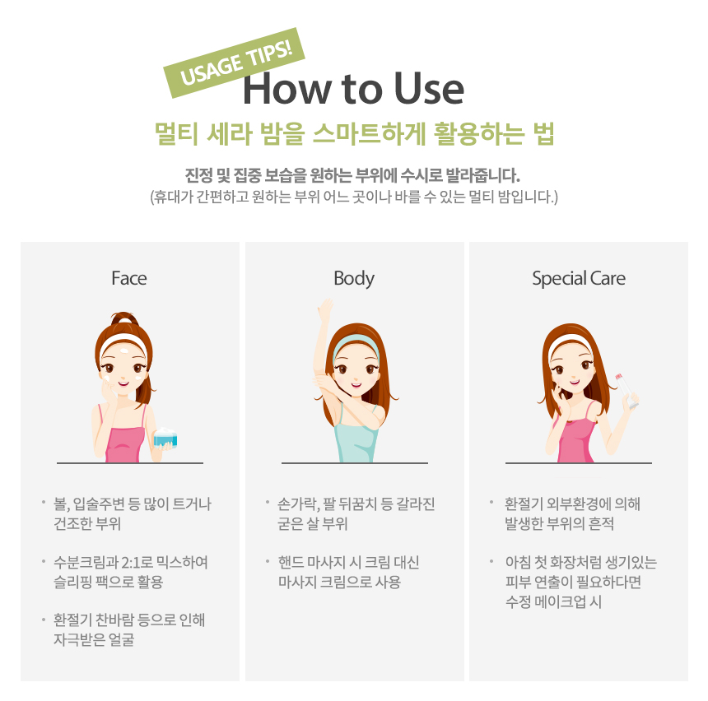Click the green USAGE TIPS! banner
[234, 63]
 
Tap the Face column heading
[129, 278]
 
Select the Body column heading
[354, 279]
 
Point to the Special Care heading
[579, 279]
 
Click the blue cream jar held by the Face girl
[165, 438]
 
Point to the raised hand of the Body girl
[324, 309]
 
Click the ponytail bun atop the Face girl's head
[125, 318]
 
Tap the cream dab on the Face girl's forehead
[125, 350]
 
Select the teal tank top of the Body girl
[356, 434]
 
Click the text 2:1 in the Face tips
[132, 563]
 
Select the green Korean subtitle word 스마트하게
[369, 134]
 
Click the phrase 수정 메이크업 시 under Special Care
[553, 601]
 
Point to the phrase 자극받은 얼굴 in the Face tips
[94, 639]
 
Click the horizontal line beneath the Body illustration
[355, 463]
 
